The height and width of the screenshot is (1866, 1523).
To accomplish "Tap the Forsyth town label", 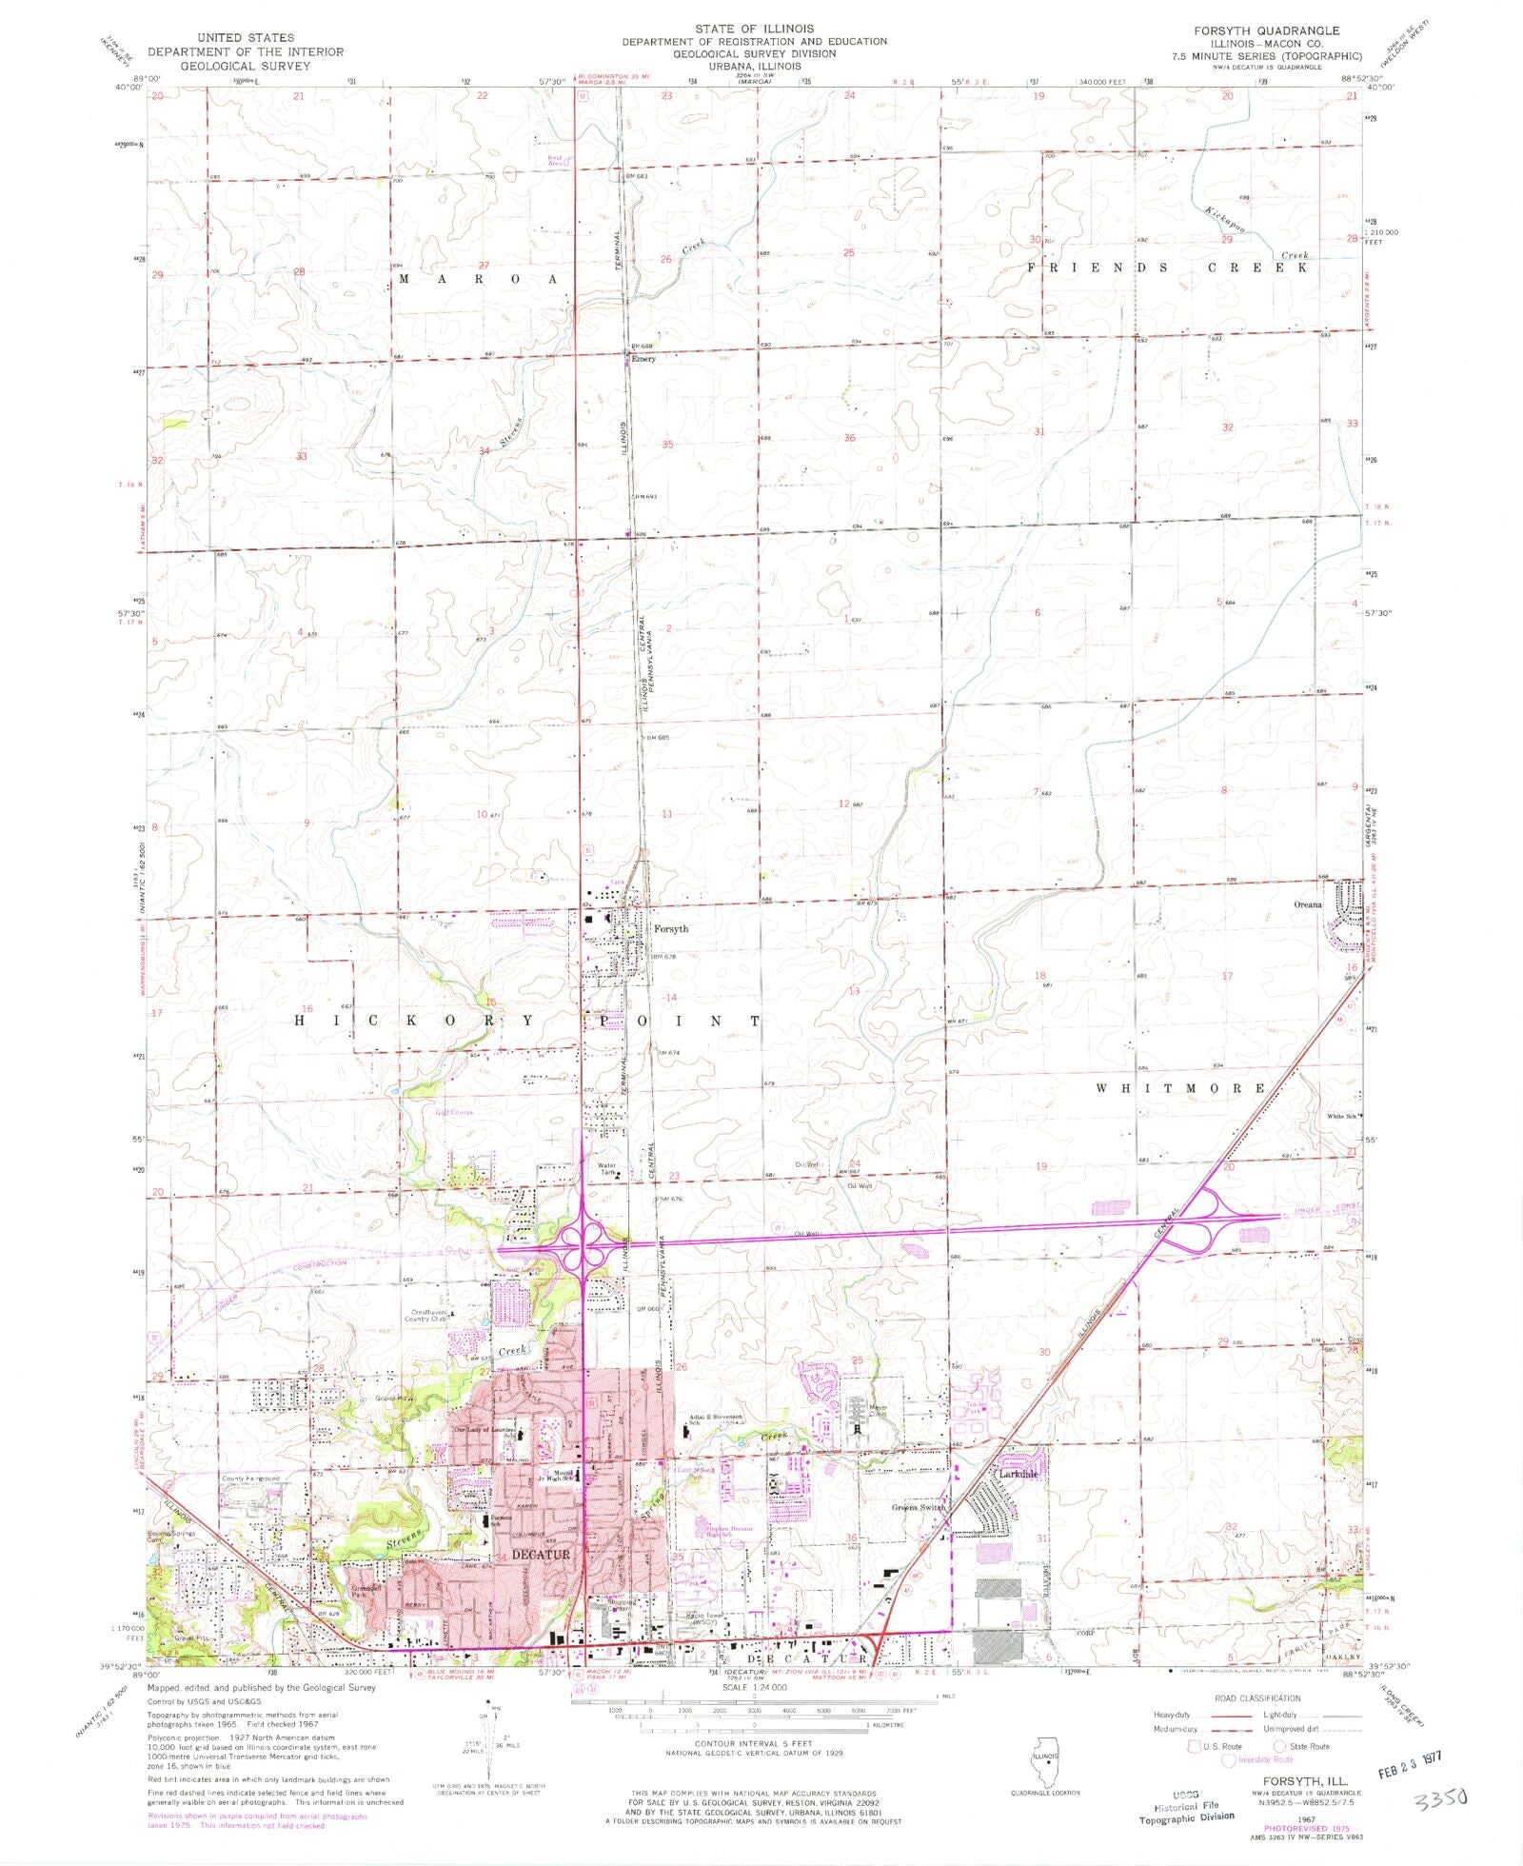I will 670,928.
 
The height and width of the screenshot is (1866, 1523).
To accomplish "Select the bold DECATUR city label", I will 541,1555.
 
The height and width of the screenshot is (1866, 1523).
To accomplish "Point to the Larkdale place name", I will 1018,1474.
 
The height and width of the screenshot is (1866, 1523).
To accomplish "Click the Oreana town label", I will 1307,904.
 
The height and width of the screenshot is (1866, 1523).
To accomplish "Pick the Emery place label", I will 643,359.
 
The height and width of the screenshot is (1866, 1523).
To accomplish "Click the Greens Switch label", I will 919,1507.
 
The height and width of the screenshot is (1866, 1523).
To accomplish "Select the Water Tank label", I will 606,1168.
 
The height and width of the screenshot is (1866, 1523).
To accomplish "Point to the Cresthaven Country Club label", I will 425,1316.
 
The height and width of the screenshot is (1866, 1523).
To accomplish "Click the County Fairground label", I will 250,1479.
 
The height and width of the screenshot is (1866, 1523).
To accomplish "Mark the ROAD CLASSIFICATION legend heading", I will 1256,1698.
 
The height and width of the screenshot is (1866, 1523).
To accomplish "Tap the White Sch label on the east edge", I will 1344,1117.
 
